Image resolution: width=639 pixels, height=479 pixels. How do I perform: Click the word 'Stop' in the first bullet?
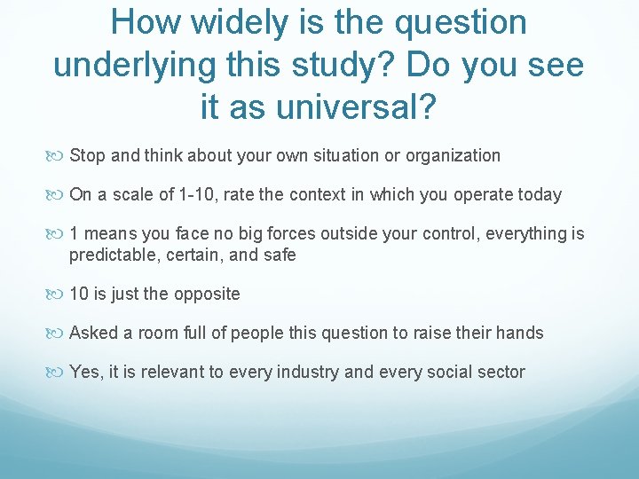pyautogui.click(x=87, y=156)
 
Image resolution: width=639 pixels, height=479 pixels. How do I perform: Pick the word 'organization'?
pyautogui.click(x=454, y=156)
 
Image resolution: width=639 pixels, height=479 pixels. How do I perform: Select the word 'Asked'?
pyautogui.click(x=91, y=334)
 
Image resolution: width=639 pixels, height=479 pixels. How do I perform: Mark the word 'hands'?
pyautogui.click(x=521, y=334)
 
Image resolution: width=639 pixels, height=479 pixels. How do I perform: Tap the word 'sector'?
pyautogui.click(x=501, y=373)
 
